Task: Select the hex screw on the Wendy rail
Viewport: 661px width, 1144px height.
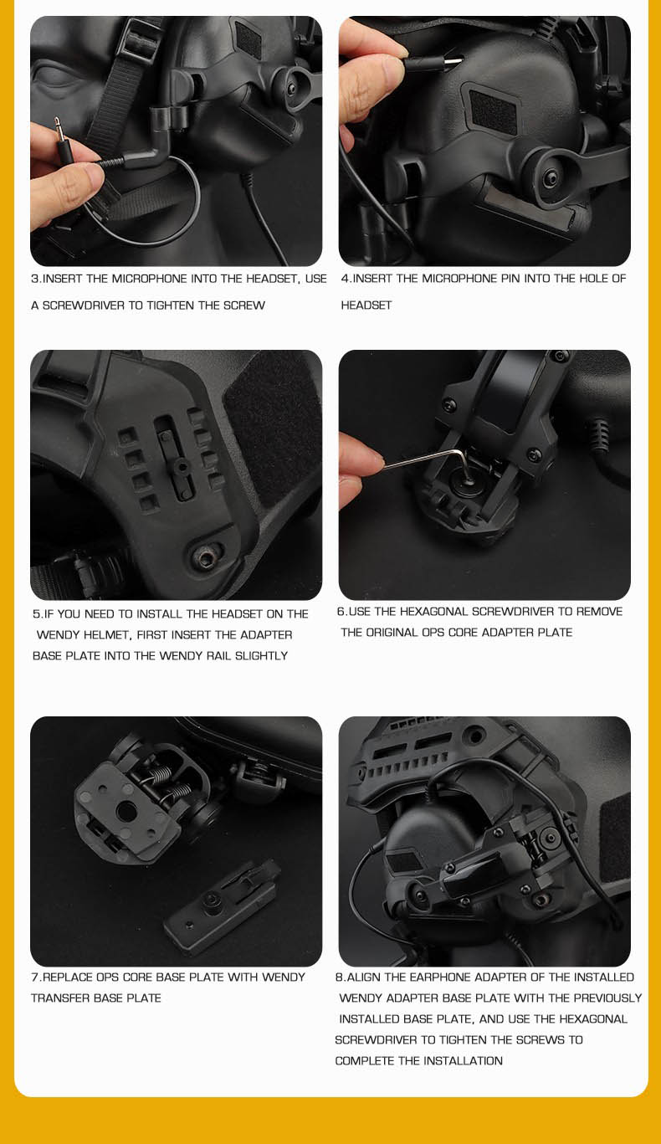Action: (205, 558)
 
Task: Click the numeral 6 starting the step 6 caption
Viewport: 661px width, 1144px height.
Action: (340, 611)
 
